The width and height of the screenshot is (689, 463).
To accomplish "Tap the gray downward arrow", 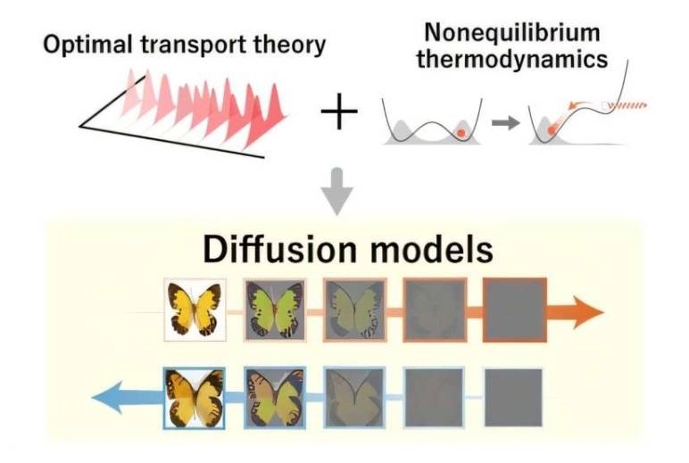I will coord(338,193).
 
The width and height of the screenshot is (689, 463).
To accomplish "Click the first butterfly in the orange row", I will coord(195,310).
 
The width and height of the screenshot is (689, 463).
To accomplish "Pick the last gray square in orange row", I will coord(514,310).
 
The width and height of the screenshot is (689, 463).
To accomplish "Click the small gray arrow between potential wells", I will coord(505,123).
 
